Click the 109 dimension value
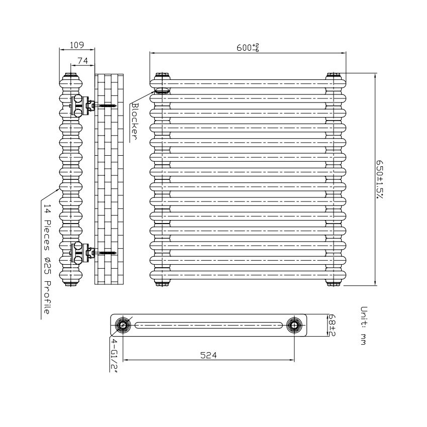(77, 45)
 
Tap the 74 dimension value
(83, 61)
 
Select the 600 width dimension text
(248, 48)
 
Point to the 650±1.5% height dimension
(380, 180)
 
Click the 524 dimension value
(208, 355)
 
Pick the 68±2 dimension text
(332, 325)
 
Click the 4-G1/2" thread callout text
(114, 355)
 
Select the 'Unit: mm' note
(364, 326)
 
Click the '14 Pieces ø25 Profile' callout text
(47, 259)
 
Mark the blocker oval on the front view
(162, 90)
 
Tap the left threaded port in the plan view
(123, 325)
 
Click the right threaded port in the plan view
(294, 325)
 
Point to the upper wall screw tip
(117, 105)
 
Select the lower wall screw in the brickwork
(105, 253)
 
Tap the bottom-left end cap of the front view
(162, 283)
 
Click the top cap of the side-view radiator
(71, 75)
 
